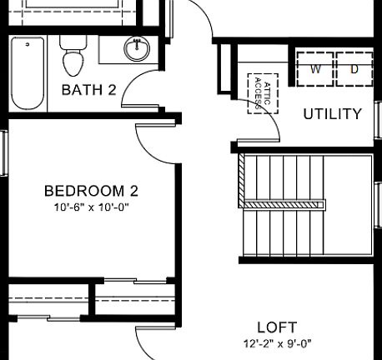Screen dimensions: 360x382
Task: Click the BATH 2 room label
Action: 88,89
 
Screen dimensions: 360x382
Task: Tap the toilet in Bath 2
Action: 73,60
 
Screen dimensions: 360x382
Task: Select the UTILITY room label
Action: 332,114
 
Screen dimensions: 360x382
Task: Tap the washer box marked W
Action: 315,70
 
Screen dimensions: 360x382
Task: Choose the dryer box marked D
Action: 353,70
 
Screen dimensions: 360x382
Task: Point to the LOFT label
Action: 276,327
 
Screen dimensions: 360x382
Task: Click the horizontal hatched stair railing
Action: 284,203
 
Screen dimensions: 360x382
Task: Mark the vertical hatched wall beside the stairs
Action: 242,180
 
